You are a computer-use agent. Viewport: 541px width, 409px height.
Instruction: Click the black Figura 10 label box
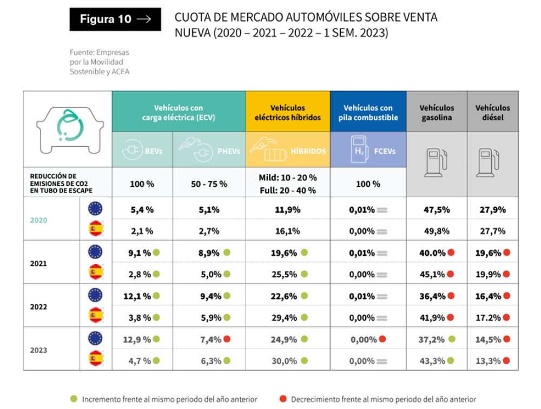click(x=115, y=20)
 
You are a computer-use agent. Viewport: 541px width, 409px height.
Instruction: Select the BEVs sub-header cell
click(x=142, y=151)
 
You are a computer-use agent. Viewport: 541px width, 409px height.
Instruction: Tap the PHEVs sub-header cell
click(x=209, y=151)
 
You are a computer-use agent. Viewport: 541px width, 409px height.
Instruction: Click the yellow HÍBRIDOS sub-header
click(x=288, y=151)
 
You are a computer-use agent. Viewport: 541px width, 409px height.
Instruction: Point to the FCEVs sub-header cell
click(x=368, y=151)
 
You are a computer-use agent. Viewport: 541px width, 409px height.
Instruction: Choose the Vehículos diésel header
click(x=492, y=112)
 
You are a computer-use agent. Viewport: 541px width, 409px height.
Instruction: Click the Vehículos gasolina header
click(x=437, y=112)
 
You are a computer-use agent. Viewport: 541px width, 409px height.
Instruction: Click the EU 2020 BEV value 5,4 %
click(x=142, y=210)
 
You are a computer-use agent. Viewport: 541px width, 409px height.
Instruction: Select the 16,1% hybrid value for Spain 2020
click(x=288, y=231)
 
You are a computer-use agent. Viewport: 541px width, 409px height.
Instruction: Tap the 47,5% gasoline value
click(x=437, y=210)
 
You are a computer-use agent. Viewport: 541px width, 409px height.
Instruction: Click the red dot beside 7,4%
click(x=227, y=340)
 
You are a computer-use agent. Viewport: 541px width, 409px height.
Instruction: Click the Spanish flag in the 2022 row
click(x=96, y=317)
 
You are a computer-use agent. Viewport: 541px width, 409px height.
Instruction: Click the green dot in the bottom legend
click(x=74, y=399)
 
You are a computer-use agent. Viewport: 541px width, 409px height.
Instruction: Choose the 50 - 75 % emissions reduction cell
click(x=209, y=184)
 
